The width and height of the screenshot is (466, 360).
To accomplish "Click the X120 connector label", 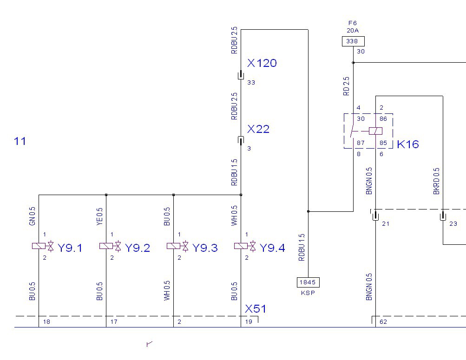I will coord(262,63).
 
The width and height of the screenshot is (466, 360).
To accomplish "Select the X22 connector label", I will coord(258,129).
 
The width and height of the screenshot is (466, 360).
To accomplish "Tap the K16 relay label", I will coord(407,144).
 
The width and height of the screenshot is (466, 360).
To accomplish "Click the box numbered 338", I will coord(353,41).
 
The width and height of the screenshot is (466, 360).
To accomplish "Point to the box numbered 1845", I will coord(308,281).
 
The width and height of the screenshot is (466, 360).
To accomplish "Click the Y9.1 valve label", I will coord(70,248).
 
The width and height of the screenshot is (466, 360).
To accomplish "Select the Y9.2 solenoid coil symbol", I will coord(106,246).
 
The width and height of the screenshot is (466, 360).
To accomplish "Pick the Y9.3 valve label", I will coord(205,248).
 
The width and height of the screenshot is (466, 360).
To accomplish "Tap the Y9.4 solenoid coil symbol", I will coord(241,246).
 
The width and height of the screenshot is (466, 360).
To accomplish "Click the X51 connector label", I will coord(256,309).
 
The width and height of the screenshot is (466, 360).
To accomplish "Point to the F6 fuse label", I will coord(352,23).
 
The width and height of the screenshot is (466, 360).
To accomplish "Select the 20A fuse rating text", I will coord(352,31).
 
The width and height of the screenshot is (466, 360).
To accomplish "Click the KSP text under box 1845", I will coord(308,293).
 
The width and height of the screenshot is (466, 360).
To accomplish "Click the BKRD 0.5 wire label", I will coord(436,181).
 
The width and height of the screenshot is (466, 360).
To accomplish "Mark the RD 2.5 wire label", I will coord(346,86).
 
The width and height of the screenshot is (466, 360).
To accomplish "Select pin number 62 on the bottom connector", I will coord(383,321).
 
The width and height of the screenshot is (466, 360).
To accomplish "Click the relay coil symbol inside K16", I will coord(375,131).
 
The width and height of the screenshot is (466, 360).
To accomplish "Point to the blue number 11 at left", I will coord(20,141).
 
